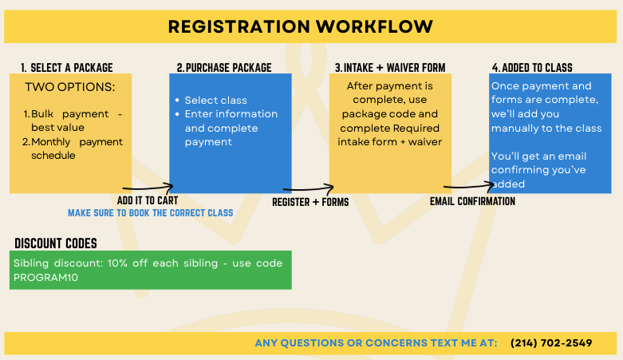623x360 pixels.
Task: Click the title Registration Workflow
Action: (x=301, y=26)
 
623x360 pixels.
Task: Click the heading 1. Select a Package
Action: (x=67, y=68)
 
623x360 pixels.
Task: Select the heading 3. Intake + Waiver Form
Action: (x=389, y=68)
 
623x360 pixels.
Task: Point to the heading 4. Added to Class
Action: (x=532, y=68)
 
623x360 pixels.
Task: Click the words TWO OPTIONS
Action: (x=70, y=86)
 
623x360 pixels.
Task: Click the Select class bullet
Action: (x=215, y=101)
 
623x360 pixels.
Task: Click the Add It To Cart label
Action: (x=148, y=200)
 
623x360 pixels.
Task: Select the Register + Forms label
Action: (x=310, y=202)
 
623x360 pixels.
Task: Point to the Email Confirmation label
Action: (x=472, y=202)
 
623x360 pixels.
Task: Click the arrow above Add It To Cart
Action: (x=148, y=188)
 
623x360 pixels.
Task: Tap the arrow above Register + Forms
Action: (x=310, y=190)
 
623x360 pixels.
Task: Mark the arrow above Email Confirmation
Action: (x=471, y=188)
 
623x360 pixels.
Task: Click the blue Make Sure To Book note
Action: (x=150, y=213)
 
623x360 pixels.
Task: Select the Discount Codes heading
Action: (x=56, y=243)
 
